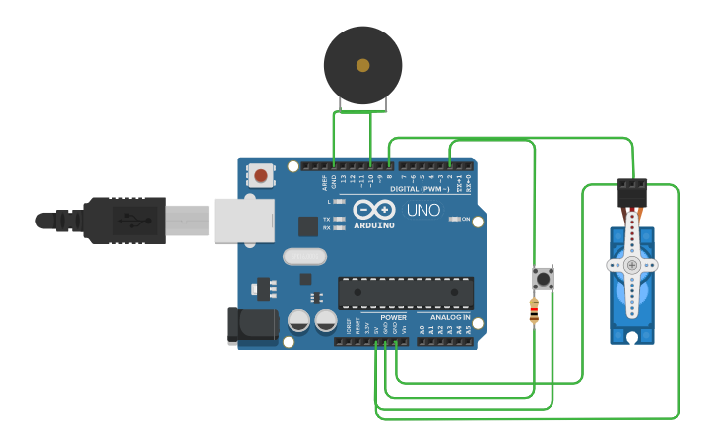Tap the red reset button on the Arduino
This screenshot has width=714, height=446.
(261, 175)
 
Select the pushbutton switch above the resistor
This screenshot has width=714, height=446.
(543, 278)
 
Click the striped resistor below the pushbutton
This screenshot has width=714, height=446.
(534, 312)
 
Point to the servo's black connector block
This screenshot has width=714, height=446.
(631, 192)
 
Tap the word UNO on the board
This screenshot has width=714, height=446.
(423, 211)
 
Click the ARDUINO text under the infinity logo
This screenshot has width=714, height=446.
(374, 225)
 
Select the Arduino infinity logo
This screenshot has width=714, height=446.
(374, 211)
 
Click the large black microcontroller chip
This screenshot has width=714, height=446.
(406, 292)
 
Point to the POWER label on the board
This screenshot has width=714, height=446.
(394, 318)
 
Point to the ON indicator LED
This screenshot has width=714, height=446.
(454, 219)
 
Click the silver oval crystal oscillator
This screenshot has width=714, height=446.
(303, 257)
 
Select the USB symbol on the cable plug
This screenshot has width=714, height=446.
(131, 220)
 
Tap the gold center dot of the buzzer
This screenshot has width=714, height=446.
(362, 65)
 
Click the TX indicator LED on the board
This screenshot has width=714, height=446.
(340, 219)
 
